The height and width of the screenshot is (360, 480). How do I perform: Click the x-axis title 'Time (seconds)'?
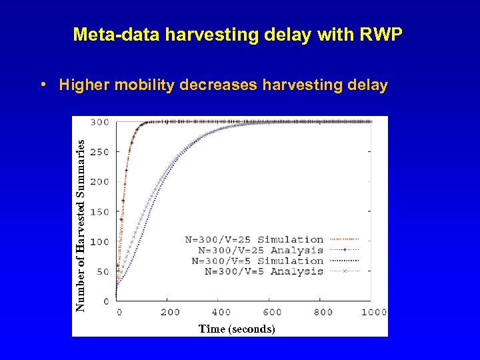(237, 329)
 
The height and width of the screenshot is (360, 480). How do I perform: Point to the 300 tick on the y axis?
(100, 122)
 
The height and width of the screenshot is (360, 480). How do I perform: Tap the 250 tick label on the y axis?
(100, 152)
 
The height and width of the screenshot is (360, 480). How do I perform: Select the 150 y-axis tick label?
(100, 212)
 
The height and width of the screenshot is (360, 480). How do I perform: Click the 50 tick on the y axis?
(102, 271)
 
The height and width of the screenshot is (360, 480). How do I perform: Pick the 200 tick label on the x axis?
(170, 312)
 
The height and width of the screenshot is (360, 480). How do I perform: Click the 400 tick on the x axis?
(221, 312)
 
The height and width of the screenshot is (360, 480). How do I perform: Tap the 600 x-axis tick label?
(272, 312)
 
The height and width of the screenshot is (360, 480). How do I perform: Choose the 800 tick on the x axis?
(323, 312)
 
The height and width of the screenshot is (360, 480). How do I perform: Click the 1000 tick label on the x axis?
(373, 312)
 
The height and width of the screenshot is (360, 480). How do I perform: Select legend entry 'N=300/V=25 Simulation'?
(254, 239)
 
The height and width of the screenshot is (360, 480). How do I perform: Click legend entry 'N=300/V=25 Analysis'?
(257, 250)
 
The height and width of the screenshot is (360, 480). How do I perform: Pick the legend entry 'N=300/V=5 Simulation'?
(257, 261)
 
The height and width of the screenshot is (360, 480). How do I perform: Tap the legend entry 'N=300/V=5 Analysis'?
(263, 271)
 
